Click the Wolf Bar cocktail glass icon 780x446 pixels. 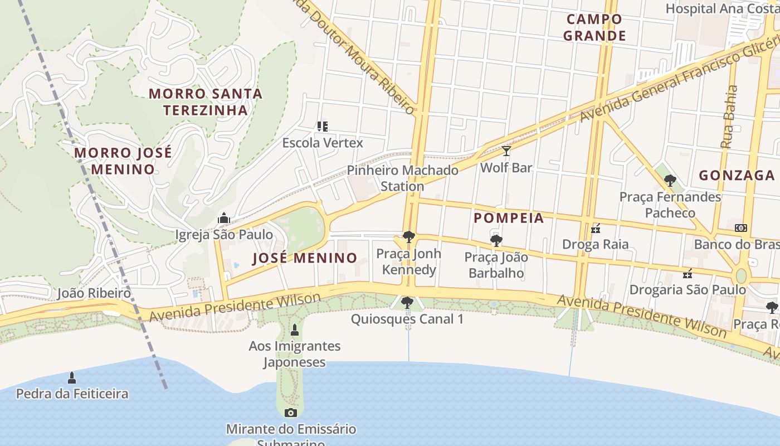coord(506,151)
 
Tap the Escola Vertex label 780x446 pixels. coord(323,143)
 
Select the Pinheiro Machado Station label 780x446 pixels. coord(402,178)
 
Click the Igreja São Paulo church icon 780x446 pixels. coord(224,217)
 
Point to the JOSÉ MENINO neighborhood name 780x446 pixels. coord(304,258)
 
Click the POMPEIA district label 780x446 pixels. coord(509,218)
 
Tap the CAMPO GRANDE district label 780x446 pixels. coord(594,27)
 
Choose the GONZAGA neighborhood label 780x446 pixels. coord(737,175)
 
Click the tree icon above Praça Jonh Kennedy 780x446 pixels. coord(408,237)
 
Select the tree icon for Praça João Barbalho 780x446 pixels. coord(496,241)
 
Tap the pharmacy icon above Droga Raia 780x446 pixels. coord(596,228)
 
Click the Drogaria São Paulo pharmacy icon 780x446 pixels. coord(688,273)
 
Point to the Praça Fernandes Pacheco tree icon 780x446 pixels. coord(670,181)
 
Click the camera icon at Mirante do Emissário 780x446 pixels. coord(290,413)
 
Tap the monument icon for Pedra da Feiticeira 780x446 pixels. coord(71,378)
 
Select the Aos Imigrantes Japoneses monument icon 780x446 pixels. coord(295,330)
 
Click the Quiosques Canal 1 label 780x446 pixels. coord(407,319)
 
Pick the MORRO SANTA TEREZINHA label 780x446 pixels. coord(206,101)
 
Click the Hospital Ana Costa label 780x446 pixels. coord(722,8)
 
